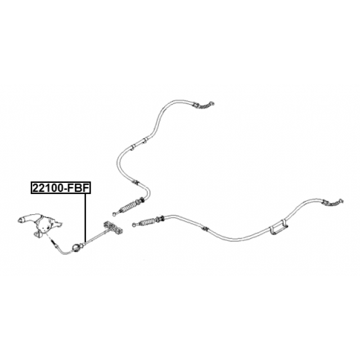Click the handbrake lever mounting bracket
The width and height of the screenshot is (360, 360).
[42, 228]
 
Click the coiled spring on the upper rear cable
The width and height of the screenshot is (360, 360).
[130, 205]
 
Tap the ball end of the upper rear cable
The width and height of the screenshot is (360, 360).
[115, 213]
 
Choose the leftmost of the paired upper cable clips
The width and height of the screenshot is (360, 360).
[132, 147]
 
